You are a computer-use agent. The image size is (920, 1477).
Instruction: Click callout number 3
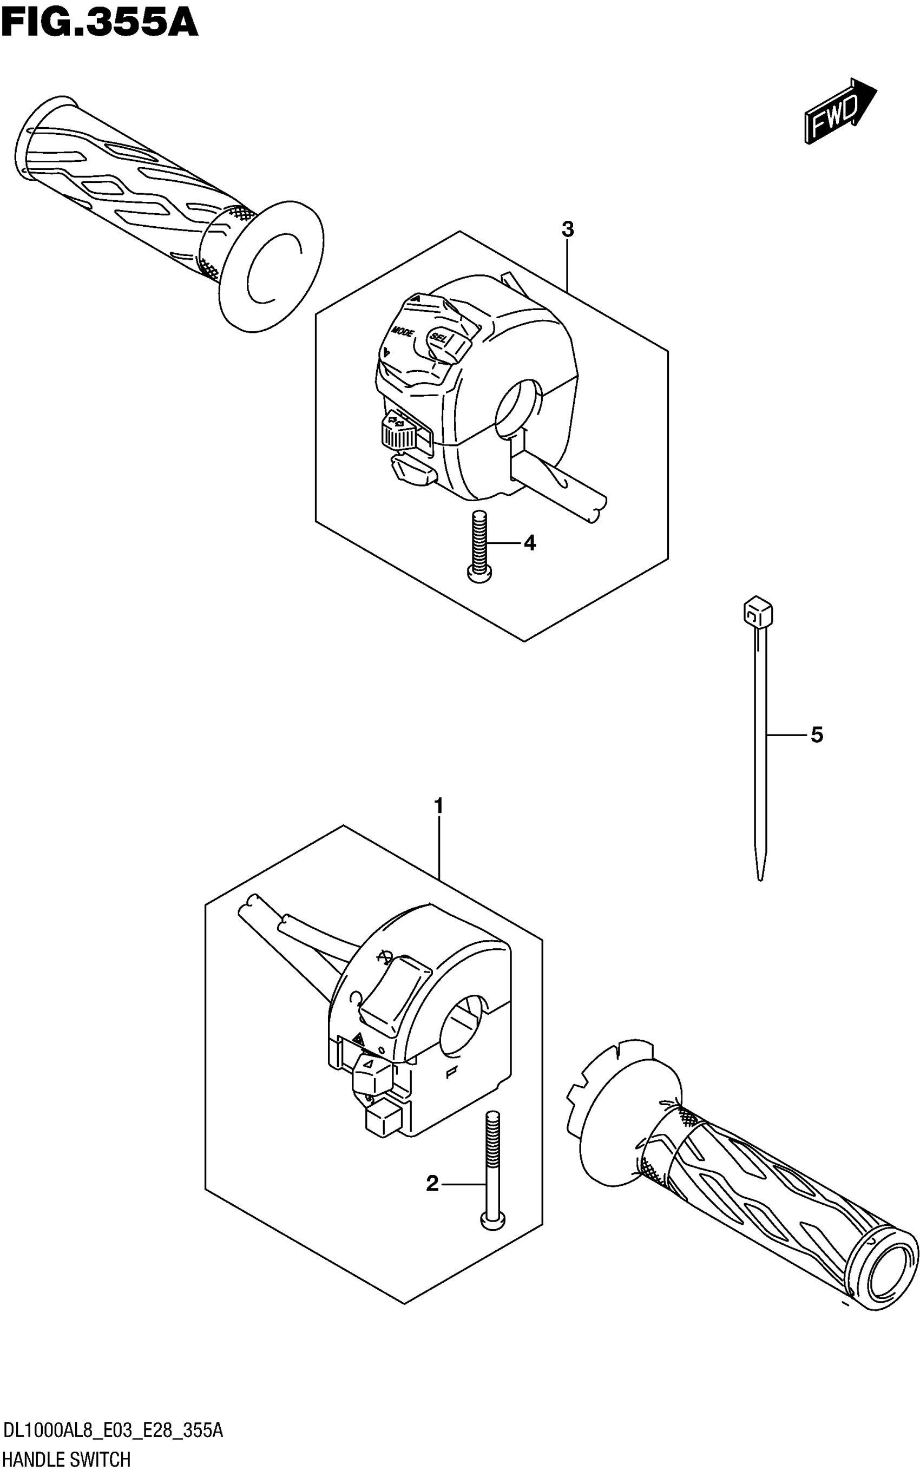pos(567,230)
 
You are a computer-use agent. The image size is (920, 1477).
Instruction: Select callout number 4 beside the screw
pos(530,543)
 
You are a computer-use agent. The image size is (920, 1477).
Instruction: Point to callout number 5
pos(817,735)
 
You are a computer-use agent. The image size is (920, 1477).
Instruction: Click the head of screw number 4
pos(479,573)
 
